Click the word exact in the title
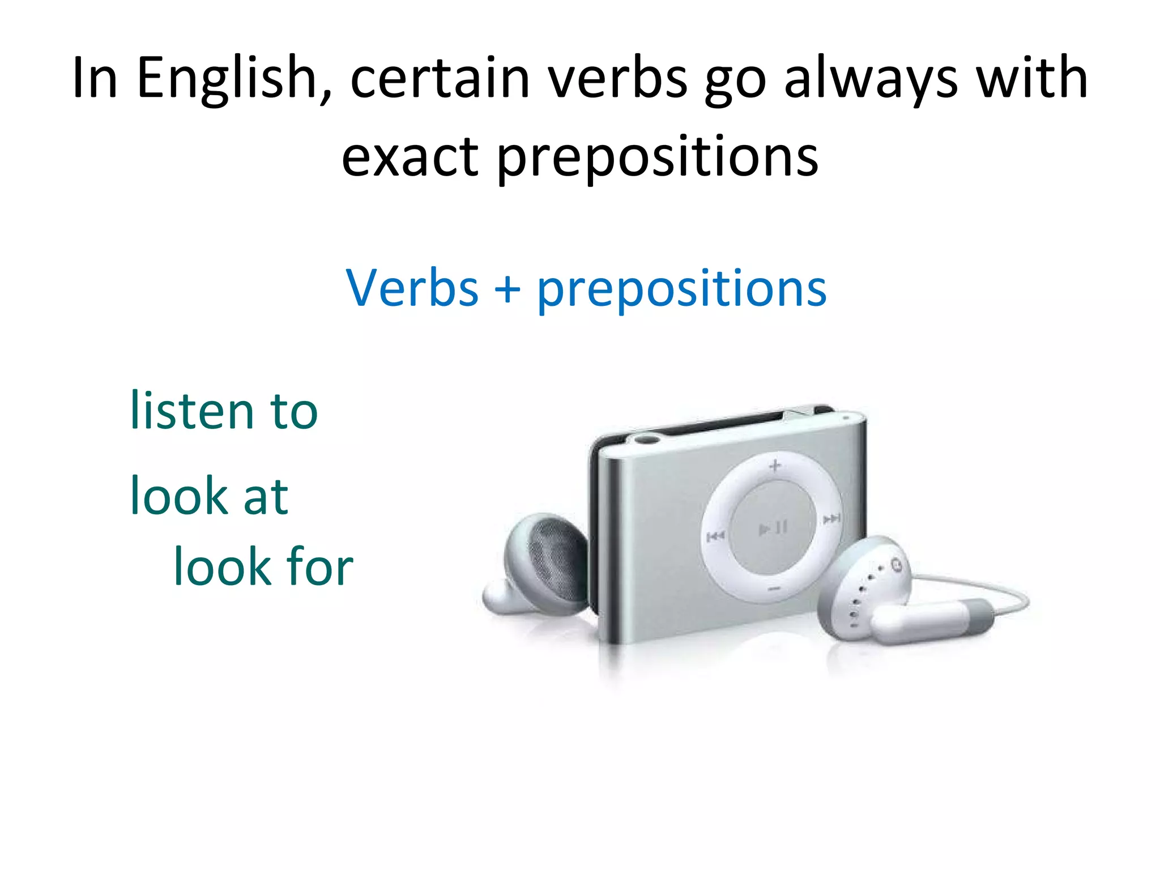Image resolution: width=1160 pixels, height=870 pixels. (410, 157)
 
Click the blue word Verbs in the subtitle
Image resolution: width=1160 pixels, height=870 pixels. (412, 289)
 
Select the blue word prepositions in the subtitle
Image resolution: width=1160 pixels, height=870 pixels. (681, 290)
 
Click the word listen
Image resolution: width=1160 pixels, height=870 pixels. (191, 410)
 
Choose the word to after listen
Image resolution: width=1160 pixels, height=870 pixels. (294, 411)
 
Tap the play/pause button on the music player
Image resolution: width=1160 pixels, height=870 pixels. (773, 528)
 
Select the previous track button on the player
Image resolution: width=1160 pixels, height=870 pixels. (715, 536)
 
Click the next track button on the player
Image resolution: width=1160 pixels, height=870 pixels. (831, 519)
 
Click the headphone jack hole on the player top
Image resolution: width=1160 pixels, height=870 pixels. (648, 439)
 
